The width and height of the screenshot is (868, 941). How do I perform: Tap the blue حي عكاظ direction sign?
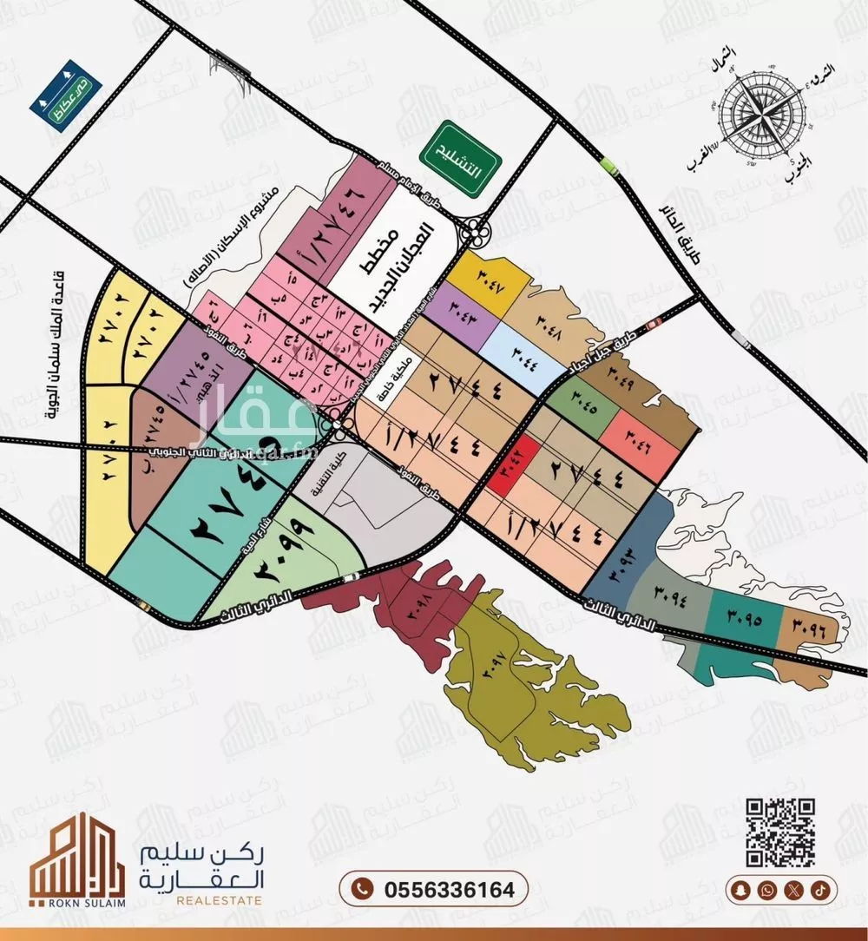click(65, 95)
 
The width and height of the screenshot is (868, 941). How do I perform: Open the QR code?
click(781, 832)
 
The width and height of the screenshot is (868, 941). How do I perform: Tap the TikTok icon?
click(820, 890)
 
